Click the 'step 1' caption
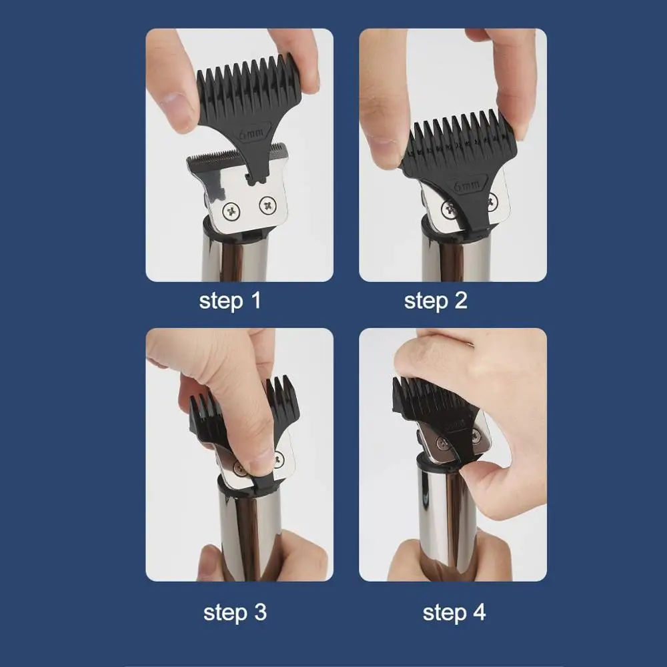coord(230,301)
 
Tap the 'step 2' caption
coord(436,301)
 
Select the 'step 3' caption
coord(235,612)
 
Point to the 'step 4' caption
coord(454,612)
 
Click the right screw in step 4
coord(475,435)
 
